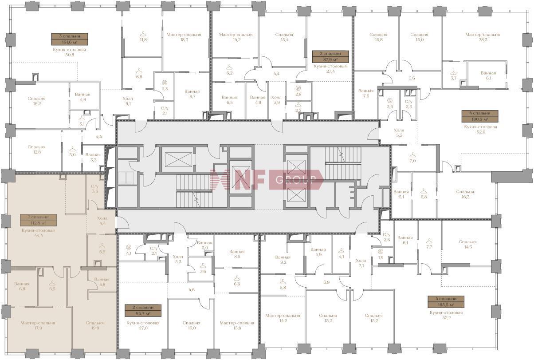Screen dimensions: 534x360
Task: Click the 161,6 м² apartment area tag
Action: (x=70, y=40)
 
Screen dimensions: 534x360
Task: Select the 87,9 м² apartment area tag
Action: (x=330, y=56)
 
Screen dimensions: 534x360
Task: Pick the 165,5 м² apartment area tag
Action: (x=446, y=302)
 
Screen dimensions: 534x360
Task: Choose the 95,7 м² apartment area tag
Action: (x=143, y=310)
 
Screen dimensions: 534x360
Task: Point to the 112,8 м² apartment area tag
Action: (x=39, y=220)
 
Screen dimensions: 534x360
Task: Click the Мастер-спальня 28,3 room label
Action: (x=483, y=37)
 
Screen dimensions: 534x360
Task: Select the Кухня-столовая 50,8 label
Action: (x=70, y=52)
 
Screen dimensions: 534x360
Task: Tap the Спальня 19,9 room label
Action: (x=95, y=325)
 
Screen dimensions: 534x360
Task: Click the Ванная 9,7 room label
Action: (x=192, y=94)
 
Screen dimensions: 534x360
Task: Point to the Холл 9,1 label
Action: (x=128, y=101)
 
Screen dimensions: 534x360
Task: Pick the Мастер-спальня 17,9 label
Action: (x=38, y=325)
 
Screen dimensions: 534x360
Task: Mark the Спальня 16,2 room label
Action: (x=36, y=101)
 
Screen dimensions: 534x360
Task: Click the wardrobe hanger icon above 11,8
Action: (x=143, y=34)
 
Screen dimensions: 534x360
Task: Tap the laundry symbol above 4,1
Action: (x=129, y=247)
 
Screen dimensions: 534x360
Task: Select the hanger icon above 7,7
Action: (x=429, y=241)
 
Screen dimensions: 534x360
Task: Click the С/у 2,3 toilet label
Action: (x=409, y=104)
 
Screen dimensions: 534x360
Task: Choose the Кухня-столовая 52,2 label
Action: (x=446, y=315)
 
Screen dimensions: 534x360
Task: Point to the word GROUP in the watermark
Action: (x=295, y=180)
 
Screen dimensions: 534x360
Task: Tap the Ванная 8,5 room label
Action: (x=237, y=254)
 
